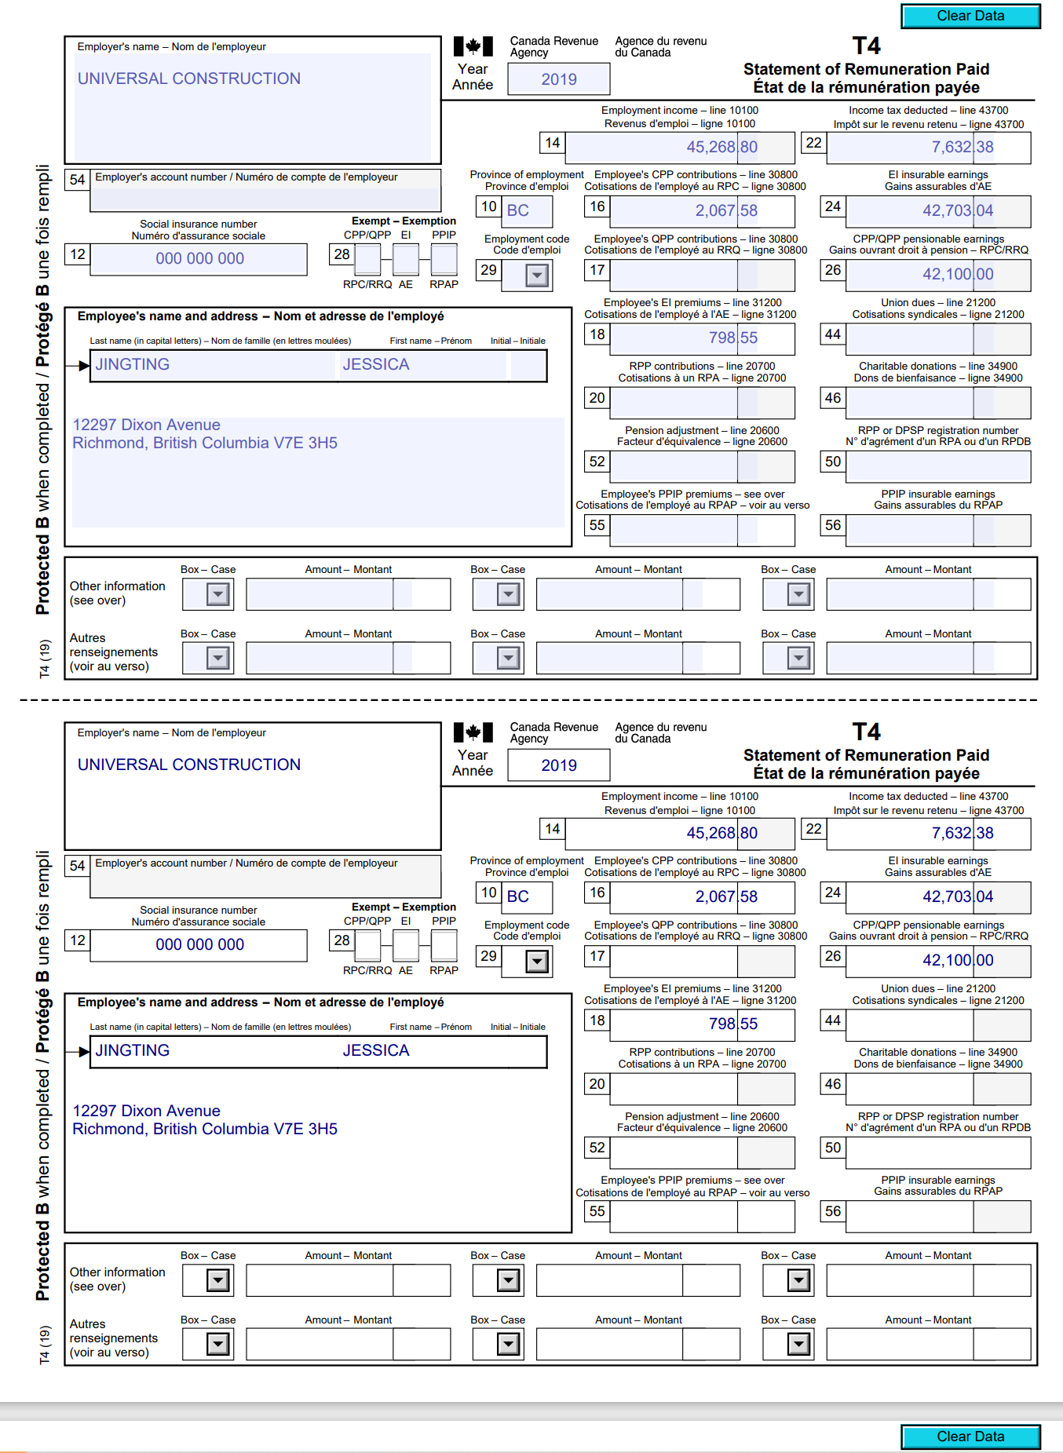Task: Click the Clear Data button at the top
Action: click(x=970, y=16)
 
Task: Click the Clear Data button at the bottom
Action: click(x=970, y=1436)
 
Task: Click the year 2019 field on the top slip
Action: click(x=558, y=79)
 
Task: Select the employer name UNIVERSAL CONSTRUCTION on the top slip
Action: click(x=189, y=78)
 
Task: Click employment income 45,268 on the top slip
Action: click(x=710, y=147)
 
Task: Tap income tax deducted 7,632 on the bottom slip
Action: click(x=951, y=833)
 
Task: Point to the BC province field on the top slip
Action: click(x=518, y=210)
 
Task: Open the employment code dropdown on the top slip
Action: click(x=537, y=276)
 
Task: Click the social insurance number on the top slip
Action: click(x=199, y=258)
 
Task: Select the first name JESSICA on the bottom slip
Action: click(x=376, y=1050)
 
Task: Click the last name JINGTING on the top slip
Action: click(x=133, y=364)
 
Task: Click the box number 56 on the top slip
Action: click(x=833, y=525)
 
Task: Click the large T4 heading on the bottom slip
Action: click(x=866, y=732)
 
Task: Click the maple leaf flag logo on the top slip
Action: click(x=473, y=46)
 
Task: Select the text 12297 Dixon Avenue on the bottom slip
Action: click(x=147, y=1111)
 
